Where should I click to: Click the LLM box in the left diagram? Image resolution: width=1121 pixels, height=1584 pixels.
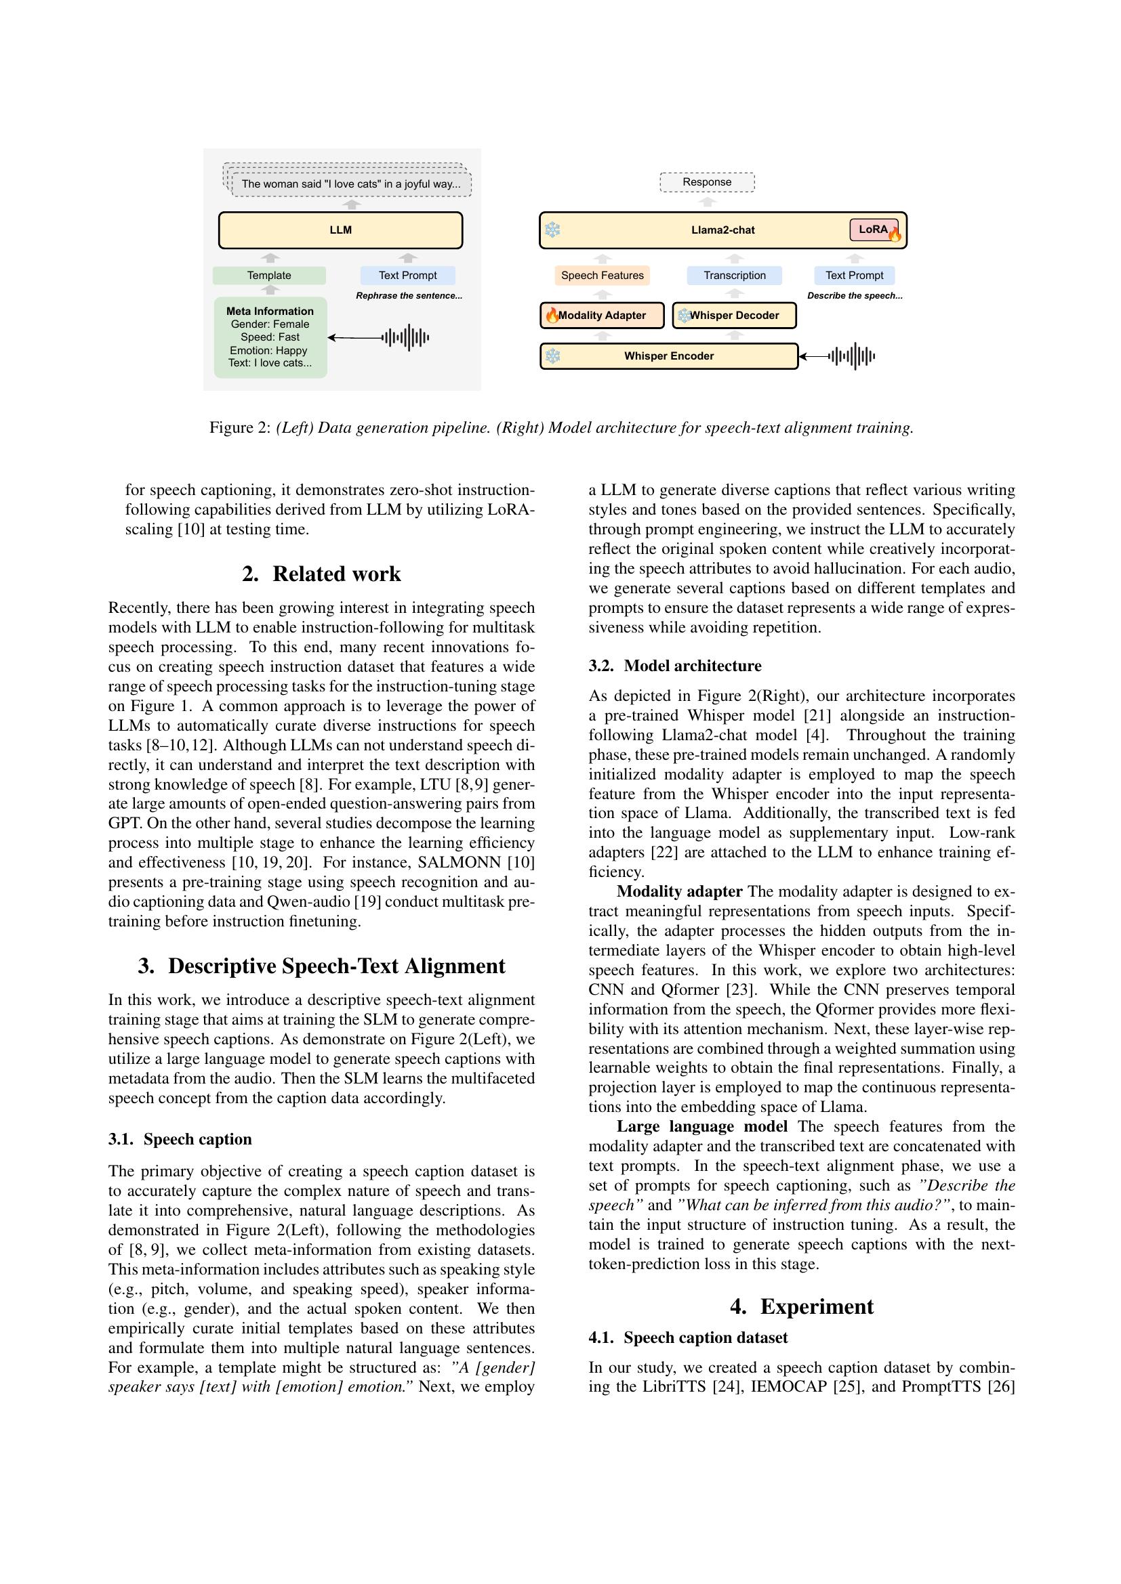[340, 230]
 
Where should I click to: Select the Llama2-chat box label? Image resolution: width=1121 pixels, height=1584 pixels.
[722, 230]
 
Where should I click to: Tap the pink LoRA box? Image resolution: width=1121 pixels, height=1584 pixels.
[874, 230]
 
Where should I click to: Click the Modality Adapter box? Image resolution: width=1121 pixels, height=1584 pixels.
[602, 316]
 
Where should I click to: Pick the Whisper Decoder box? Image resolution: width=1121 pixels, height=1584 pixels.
[734, 316]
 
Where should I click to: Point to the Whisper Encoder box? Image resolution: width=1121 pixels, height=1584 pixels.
[668, 356]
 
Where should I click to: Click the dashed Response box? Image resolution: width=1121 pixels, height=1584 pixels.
[707, 182]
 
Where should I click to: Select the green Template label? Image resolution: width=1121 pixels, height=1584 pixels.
[269, 275]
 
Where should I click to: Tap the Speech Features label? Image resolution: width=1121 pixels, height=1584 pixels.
[602, 275]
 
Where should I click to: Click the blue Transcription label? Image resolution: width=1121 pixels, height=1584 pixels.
[735, 275]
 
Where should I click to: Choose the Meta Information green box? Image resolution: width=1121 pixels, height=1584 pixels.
[270, 337]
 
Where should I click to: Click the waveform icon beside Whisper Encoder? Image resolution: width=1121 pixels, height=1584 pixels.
[853, 356]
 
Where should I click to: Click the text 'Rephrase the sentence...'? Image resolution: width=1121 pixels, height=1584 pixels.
[409, 295]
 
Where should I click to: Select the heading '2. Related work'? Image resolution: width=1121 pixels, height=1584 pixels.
[322, 574]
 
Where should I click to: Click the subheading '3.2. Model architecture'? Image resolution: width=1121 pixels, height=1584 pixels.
[674, 666]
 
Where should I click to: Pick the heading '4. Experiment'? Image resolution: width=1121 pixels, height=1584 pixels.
[801, 1306]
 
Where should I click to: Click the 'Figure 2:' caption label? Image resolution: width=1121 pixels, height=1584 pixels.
[239, 428]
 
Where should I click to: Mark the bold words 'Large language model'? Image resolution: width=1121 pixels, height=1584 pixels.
[701, 1127]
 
